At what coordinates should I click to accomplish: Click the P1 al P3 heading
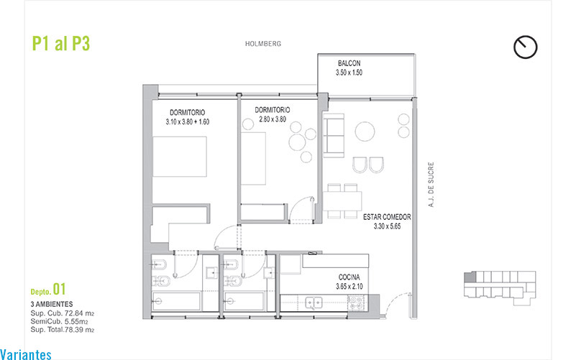61,43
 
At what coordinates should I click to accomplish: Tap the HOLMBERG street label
263,44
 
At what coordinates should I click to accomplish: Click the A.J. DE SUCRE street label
431,185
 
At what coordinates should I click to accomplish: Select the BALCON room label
349,63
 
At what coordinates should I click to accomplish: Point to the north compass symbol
526,47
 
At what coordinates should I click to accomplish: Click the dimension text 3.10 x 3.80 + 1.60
188,122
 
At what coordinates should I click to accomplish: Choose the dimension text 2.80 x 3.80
273,119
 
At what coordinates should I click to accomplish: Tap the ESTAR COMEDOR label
387,217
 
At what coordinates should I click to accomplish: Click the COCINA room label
349,277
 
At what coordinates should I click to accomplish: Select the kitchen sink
314,303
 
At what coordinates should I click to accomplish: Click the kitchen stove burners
355,303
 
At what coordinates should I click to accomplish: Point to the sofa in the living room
334,135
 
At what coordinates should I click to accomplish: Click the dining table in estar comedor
342,201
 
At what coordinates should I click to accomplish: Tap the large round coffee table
365,131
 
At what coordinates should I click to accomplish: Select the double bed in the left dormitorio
180,157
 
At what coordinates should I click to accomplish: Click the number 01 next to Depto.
59,289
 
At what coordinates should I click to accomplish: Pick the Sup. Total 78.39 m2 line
63,330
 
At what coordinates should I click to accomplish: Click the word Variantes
26,354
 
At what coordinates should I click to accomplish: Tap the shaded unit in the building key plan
470,277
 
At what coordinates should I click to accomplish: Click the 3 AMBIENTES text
52,304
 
